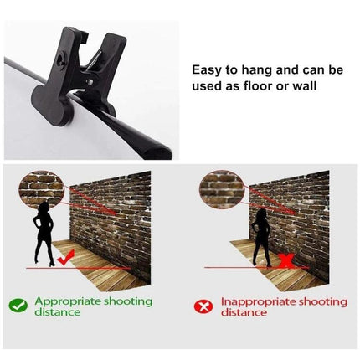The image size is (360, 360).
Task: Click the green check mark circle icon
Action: (18, 306)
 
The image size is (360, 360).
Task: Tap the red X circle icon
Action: (203, 306)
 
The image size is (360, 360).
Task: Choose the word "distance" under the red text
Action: (244, 312)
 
